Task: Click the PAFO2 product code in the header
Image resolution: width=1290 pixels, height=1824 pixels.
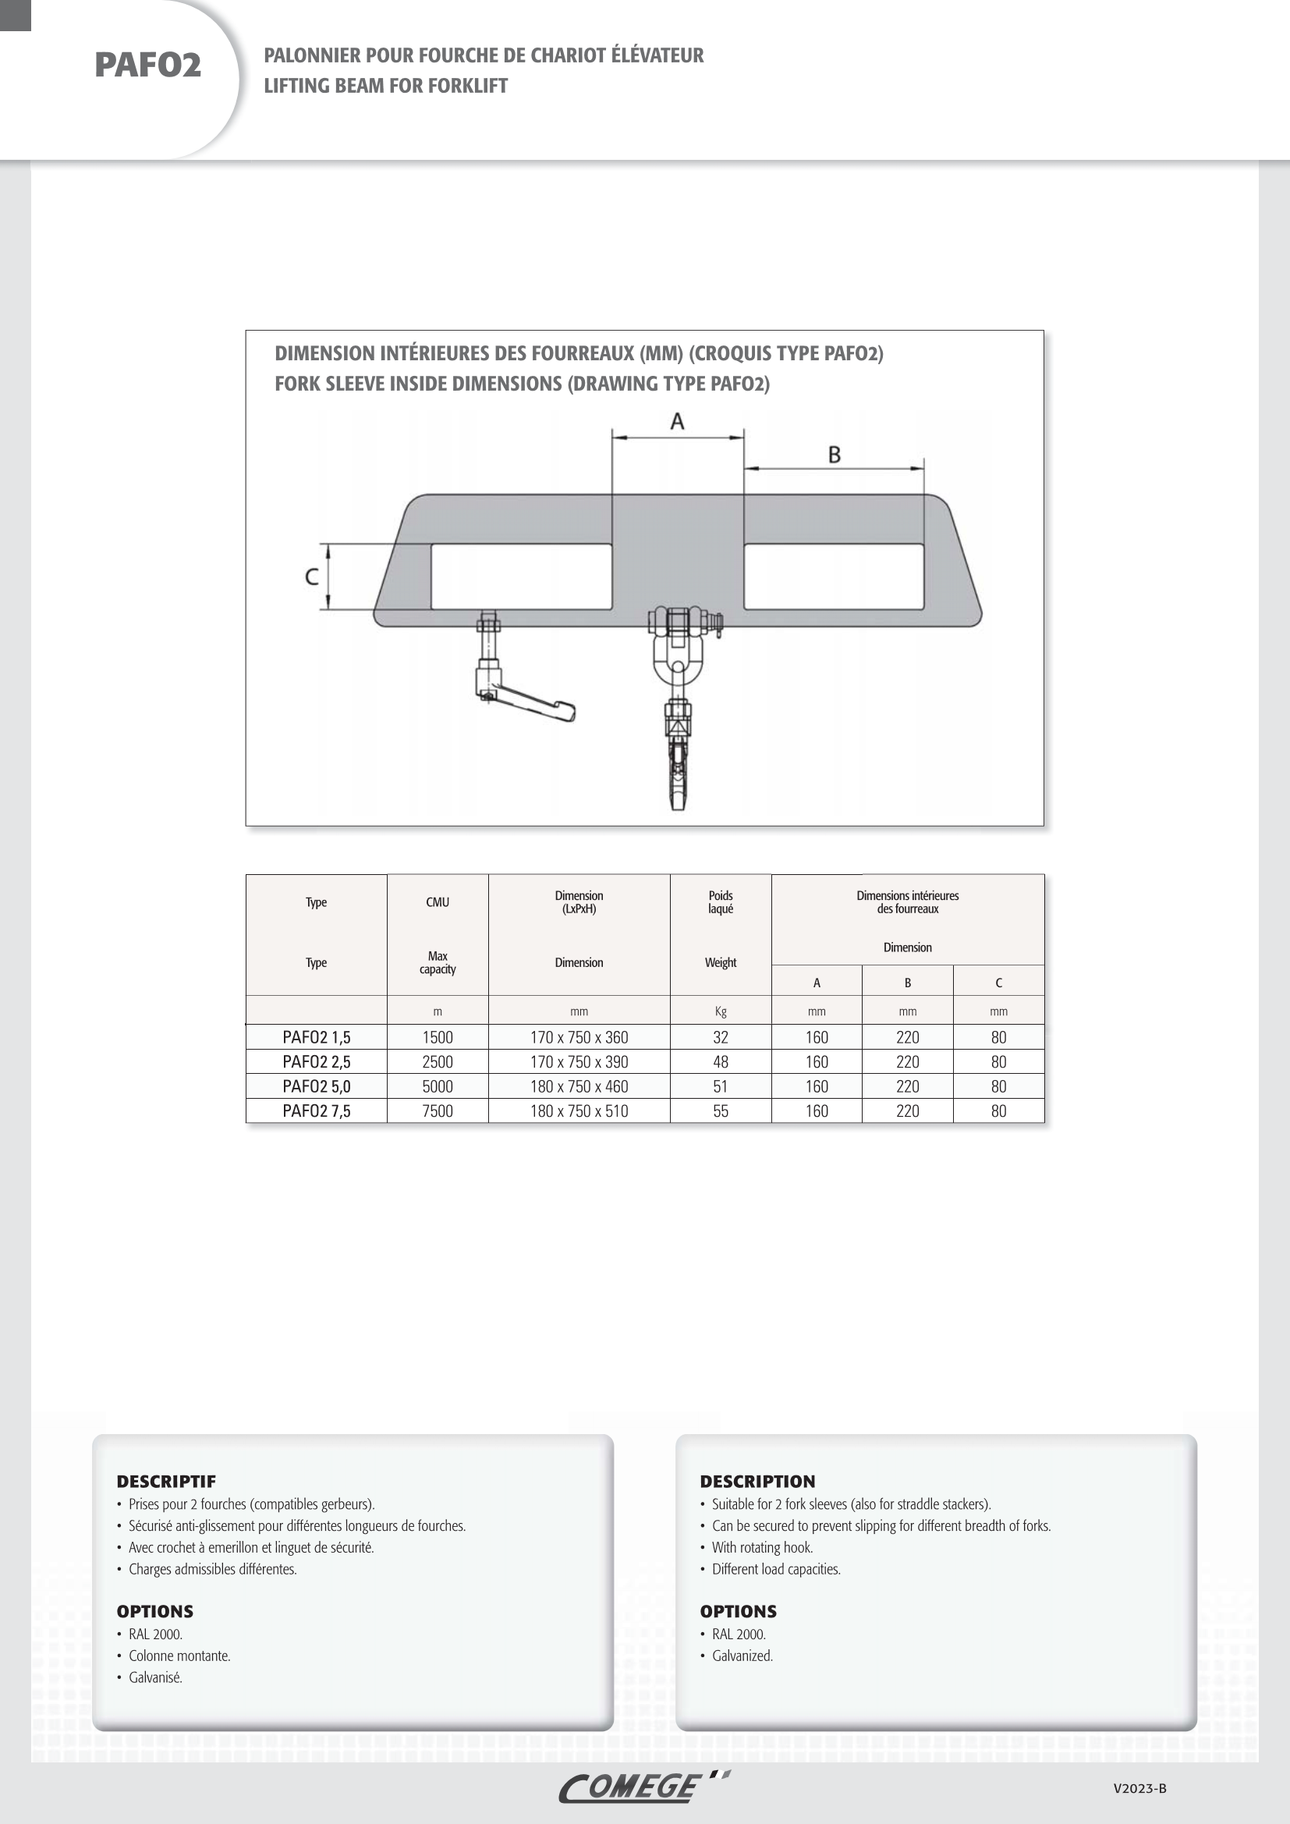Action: click(147, 66)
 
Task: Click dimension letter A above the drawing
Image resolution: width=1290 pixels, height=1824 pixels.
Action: click(677, 421)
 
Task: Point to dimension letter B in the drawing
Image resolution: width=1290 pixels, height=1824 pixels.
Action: click(834, 455)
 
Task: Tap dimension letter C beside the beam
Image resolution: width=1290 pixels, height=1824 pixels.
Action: click(312, 577)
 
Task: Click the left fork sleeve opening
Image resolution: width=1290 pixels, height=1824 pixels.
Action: click(521, 577)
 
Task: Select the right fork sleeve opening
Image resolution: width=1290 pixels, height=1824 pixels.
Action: click(833, 577)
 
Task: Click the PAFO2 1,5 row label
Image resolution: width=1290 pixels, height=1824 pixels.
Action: click(316, 1036)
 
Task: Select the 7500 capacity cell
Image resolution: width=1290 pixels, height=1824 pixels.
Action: click(437, 1110)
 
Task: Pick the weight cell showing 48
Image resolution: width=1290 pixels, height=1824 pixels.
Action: click(721, 1061)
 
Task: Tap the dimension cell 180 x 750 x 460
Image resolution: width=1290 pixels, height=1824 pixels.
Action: click(579, 1086)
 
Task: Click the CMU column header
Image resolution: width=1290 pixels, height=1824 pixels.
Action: click(437, 901)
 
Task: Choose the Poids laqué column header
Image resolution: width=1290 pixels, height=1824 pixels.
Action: click(721, 901)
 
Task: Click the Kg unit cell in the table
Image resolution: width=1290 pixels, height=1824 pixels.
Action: click(721, 1011)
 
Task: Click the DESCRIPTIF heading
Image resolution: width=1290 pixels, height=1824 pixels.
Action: click(166, 1481)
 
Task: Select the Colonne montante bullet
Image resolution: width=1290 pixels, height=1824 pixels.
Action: click(179, 1656)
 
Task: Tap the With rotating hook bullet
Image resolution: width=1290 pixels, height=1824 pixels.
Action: click(763, 1546)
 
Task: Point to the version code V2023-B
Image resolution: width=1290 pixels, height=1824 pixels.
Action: click(1139, 1788)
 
